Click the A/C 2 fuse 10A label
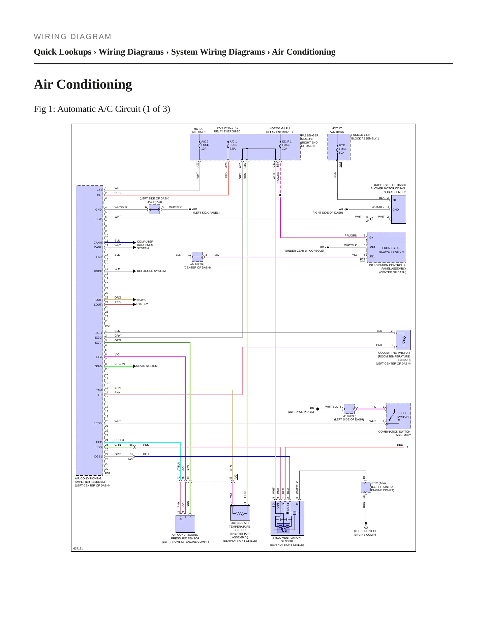[205, 145]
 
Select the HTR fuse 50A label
[342, 149]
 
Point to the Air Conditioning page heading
[83, 84]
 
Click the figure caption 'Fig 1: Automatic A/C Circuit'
[102, 109]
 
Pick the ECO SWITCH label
[403, 415]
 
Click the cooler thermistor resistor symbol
[404, 340]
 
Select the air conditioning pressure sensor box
[185, 524]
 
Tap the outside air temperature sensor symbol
[240, 513]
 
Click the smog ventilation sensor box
[287, 518]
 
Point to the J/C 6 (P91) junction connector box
[197, 257]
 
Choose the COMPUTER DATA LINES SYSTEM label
[145, 245]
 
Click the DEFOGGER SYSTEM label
[151, 271]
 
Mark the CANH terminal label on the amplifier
[98, 243]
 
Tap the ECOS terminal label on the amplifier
[98, 423]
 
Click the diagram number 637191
[78, 548]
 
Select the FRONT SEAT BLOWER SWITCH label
[391, 250]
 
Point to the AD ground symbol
[366, 524]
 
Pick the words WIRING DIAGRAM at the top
[72, 37]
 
